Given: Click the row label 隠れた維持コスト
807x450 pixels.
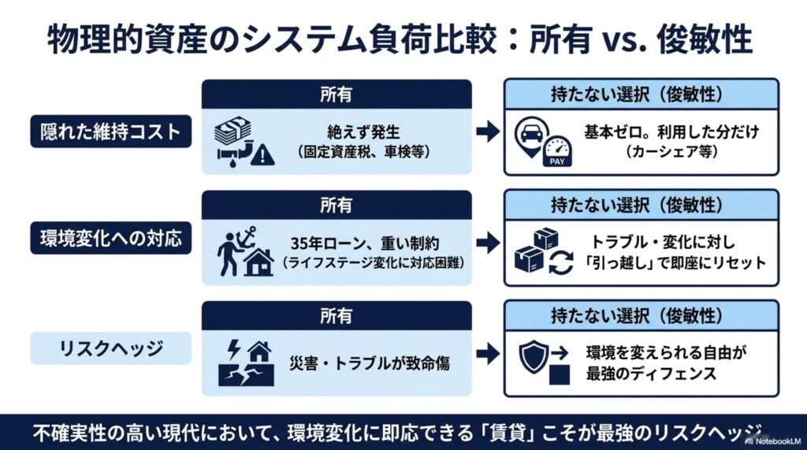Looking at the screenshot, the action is point(110,132).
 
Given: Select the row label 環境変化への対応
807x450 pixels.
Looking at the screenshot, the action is point(110,238).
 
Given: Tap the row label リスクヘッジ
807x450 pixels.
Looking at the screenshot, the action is point(110,348).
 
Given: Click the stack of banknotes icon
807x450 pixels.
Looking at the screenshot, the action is point(232,131).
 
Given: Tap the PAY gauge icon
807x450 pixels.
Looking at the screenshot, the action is point(557,151).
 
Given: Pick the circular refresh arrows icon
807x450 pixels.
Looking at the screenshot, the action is point(561,262).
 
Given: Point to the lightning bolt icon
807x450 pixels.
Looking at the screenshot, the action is point(233,349).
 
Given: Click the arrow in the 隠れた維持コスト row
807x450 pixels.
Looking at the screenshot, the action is point(487,132).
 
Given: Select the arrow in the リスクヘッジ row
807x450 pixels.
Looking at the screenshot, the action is point(487,354).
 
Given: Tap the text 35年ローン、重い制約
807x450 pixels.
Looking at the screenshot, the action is point(365,244).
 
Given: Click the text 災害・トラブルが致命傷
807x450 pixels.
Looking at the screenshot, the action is point(369,363).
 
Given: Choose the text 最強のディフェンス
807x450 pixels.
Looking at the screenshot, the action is point(651,374).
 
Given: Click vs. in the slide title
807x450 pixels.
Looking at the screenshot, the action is point(623,39).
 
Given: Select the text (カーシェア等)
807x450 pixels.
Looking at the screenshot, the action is point(671,152).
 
